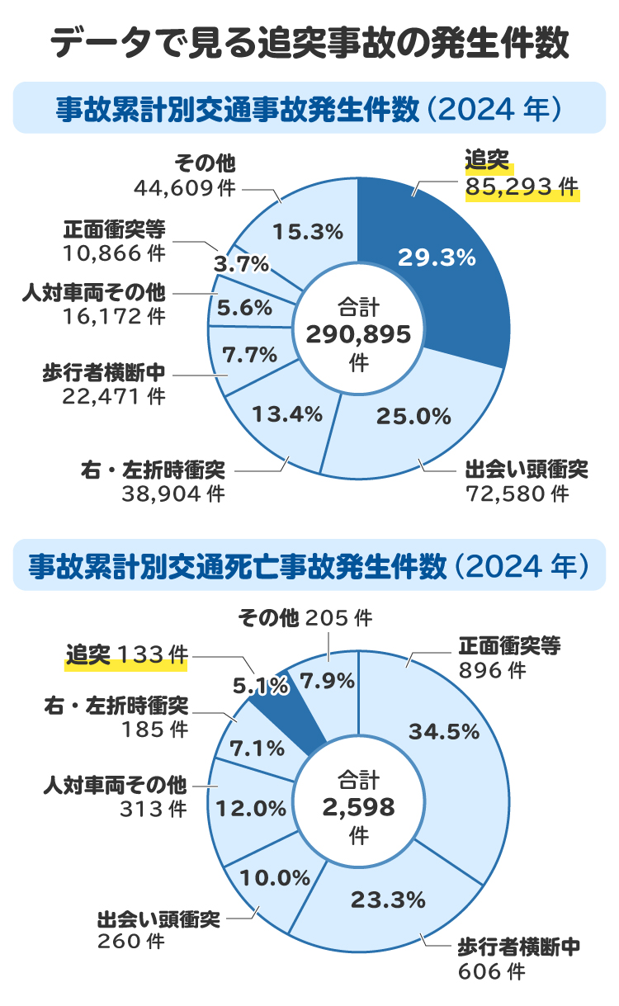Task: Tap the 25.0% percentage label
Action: coord(413,417)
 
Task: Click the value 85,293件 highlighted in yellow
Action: coord(521,189)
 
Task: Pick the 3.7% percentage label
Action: coord(241,264)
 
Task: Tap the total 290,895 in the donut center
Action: coord(358,334)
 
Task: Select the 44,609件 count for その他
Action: coord(184,188)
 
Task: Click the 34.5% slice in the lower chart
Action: coord(443,731)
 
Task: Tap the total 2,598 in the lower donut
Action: coord(358,806)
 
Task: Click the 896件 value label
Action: coord(492,671)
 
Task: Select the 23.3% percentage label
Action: coord(387,899)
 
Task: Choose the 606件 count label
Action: coord(492,972)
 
